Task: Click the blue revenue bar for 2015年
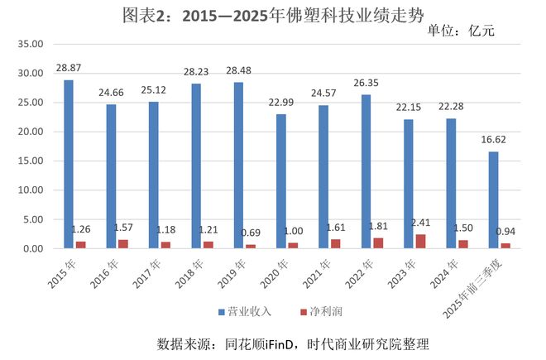[68, 164]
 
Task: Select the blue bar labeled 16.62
[494, 199]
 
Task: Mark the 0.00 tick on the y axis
[31, 248]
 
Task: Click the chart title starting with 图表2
[273, 14]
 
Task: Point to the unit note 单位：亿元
[463, 31]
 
